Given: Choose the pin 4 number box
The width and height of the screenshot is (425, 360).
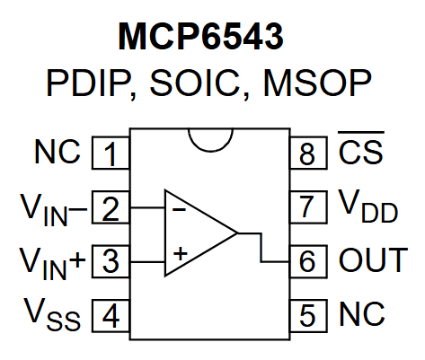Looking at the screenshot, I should pos(111,315).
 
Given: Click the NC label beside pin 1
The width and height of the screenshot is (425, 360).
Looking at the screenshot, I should pos(57,153).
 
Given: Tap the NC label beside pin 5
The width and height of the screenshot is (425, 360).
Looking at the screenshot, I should pos(362,315).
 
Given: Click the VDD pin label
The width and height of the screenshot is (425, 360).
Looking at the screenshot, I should pos(367,209).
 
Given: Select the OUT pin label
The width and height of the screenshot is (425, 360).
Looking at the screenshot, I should pos(372,261).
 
